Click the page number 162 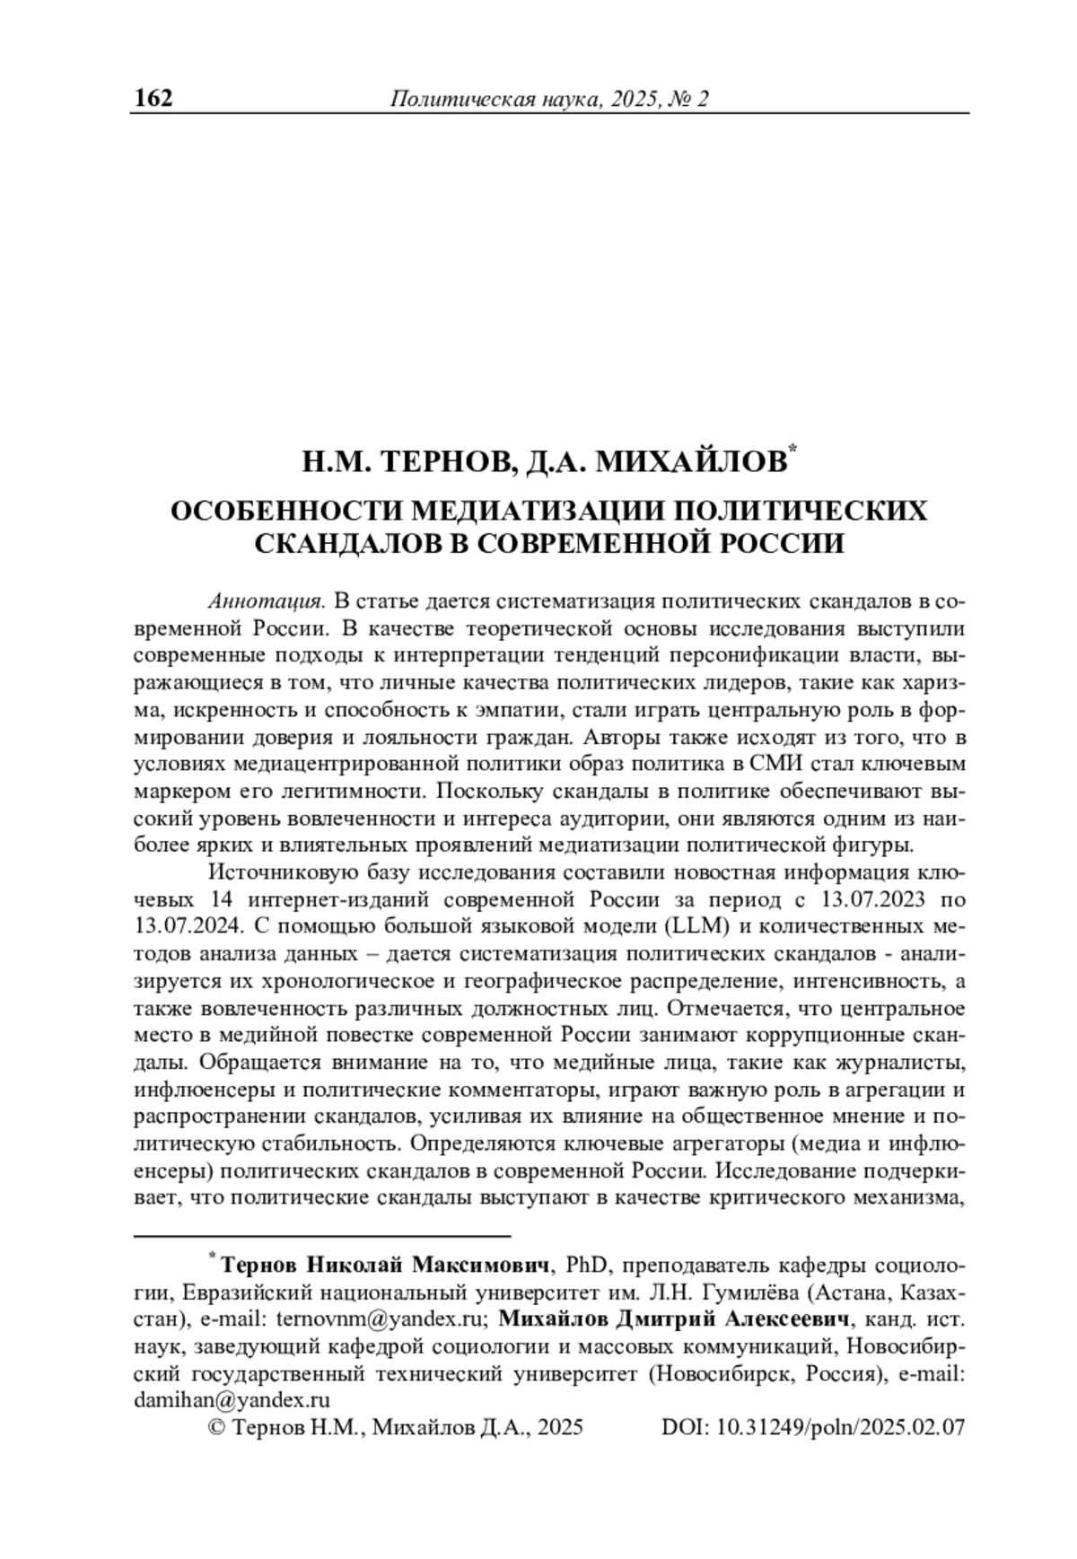(x=153, y=97)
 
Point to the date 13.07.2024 (x=185, y=924)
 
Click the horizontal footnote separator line (x=322, y=1235)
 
